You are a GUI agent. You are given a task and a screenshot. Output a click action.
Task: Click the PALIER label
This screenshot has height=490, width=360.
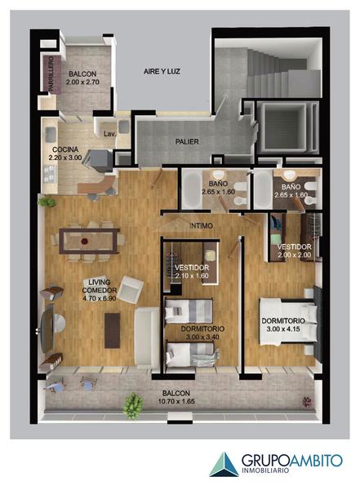click(187, 141)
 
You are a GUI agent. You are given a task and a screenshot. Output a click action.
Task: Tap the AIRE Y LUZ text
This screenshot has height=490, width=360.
click(162, 71)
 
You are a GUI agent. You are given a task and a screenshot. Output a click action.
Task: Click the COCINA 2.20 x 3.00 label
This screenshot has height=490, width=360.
click(65, 154)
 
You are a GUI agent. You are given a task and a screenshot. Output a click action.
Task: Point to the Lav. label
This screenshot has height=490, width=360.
click(109, 134)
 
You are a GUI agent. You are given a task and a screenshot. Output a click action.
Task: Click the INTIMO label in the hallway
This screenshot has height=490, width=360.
click(201, 225)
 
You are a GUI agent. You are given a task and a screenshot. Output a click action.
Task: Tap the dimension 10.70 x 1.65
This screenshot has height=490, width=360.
click(176, 401)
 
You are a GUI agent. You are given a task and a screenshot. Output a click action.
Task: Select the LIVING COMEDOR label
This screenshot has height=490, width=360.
click(99, 287)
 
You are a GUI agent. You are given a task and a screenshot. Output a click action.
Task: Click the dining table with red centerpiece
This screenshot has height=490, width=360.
click(89, 241)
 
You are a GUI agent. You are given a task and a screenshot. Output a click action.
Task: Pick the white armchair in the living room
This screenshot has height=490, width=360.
click(131, 289)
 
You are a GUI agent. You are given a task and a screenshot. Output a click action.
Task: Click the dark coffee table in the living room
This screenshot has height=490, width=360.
click(112, 330)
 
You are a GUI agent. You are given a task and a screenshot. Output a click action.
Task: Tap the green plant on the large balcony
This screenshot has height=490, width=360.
click(133, 406)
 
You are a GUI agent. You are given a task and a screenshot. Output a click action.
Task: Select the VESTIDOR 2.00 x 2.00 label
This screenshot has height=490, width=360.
click(294, 251)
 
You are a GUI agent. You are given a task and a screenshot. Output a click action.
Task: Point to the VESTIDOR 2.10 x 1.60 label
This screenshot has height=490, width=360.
click(192, 272)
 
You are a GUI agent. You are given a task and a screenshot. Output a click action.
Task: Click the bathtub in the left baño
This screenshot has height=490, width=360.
click(192, 189)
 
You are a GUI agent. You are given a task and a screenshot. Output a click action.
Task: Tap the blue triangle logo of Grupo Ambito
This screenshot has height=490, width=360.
click(224, 464)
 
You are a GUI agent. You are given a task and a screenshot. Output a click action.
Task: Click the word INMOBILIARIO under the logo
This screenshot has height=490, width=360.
click(265, 470)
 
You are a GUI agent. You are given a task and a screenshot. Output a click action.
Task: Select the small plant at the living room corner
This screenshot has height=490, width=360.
click(47, 202)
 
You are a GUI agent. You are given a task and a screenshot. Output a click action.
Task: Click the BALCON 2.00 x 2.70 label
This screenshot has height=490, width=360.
click(82, 78)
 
